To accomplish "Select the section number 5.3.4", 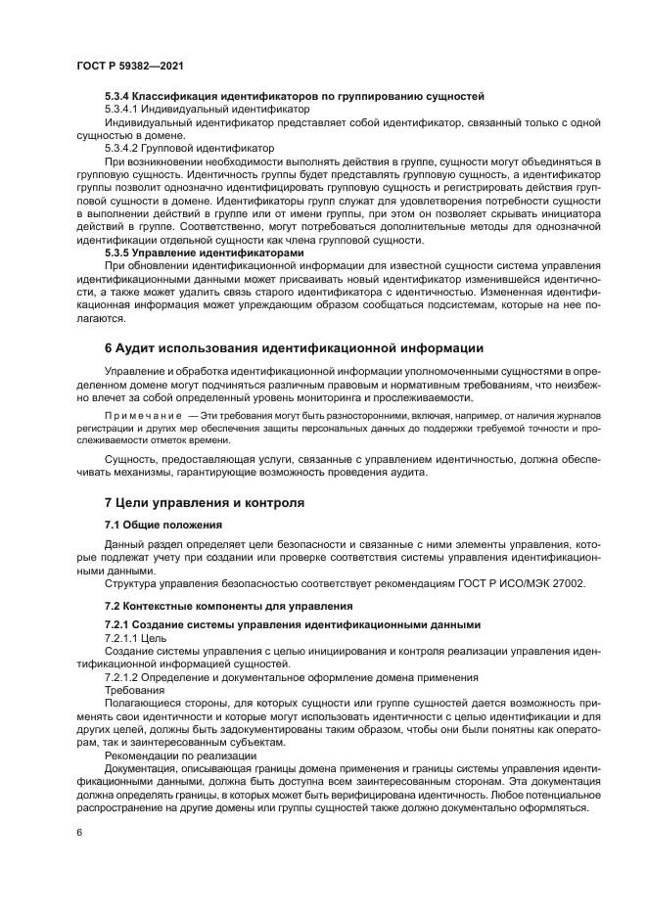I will pyautogui.click(x=117, y=96).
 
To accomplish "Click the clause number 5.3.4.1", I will pyautogui.click(x=124, y=110).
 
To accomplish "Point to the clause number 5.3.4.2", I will pyautogui.click(x=124, y=148).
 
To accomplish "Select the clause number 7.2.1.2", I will pyautogui.click(x=124, y=676).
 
